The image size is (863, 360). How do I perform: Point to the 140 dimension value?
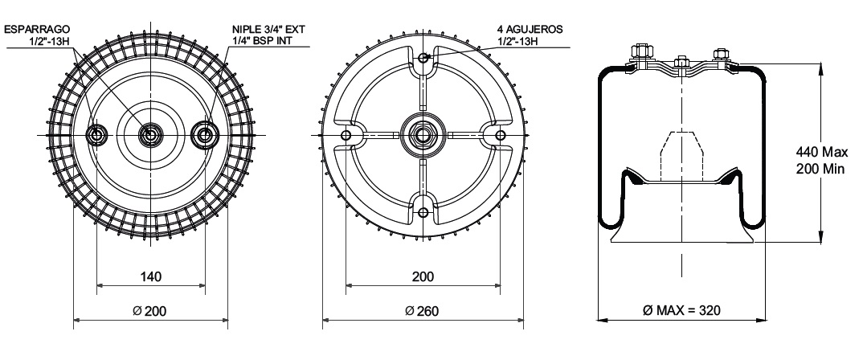click(x=150, y=276)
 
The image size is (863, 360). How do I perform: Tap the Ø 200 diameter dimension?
click(x=150, y=311)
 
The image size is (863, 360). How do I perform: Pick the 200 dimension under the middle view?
click(x=423, y=276)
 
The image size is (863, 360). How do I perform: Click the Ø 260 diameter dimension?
click(x=423, y=311)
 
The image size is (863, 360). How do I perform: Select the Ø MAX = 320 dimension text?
click(x=681, y=311)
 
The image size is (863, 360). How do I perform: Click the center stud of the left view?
click(x=150, y=134)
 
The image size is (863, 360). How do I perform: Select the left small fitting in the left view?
click(x=97, y=134)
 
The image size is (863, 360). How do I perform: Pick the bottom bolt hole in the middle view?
click(x=423, y=211)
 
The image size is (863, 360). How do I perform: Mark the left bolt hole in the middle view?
click(x=346, y=134)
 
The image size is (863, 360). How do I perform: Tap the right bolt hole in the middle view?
click(x=500, y=134)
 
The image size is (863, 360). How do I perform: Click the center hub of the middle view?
click(x=423, y=134)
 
